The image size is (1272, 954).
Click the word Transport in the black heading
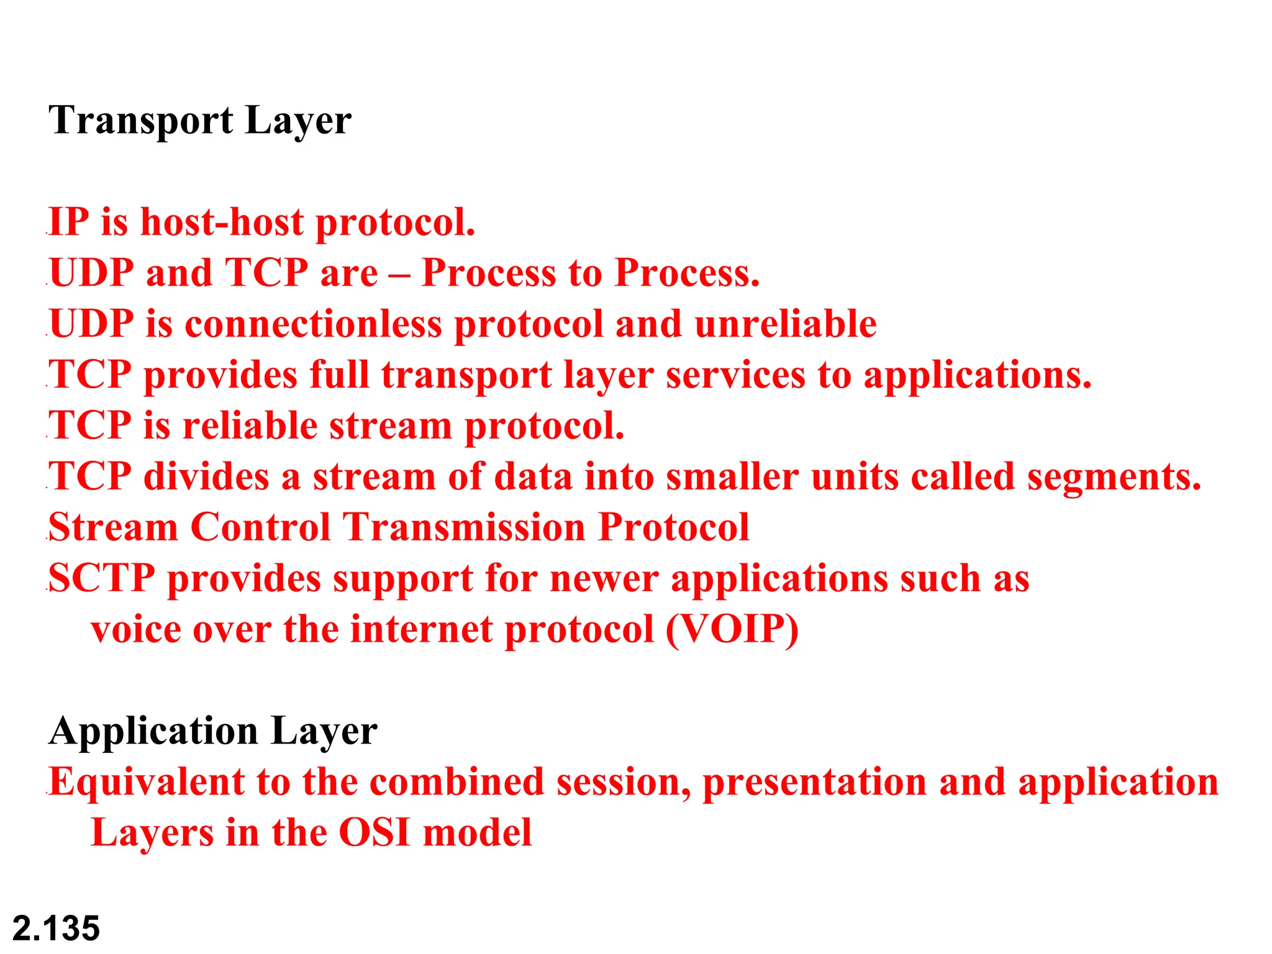[x=141, y=121]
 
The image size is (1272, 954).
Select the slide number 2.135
[x=56, y=929]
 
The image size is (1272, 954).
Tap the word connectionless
[x=313, y=324]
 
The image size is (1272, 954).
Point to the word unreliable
[x=785, y=324]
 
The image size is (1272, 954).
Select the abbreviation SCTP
[x=101, y=579]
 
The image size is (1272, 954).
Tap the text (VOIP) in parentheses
[x=732, y=630]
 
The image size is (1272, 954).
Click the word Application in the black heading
[x=153, y=732]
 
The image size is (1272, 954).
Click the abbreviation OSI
[x=374, y=833]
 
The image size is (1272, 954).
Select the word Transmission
[x=464, y=528]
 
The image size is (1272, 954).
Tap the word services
[x=735, y=375]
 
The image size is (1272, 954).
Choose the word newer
[x=604, y=579]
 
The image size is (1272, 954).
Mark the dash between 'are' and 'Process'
[x=399, y=275]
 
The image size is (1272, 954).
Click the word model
[x=477, y=833]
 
